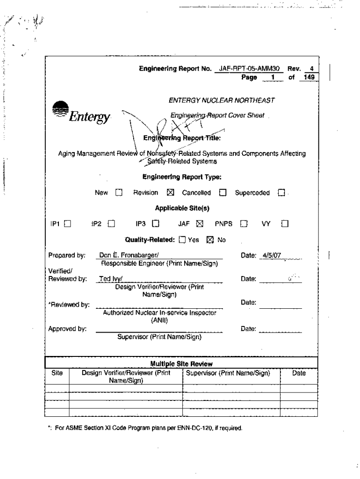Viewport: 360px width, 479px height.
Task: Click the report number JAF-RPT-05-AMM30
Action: (x=249, y=69)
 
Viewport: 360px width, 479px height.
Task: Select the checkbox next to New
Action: (x=118, y=193)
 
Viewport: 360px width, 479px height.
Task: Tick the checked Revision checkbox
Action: (x=170, y=193)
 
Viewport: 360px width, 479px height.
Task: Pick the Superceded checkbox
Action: (x=281, y=193)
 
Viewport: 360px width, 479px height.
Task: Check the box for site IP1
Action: (x=67, y=224)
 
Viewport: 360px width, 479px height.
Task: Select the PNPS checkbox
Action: (x=243, y=224)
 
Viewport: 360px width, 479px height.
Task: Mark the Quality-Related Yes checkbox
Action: (x=182, y=240)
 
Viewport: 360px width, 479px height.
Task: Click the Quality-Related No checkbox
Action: (x=210, y=240)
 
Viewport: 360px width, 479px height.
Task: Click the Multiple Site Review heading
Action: (x=181, y=363)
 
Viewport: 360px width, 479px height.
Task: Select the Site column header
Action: (x=57, y=373)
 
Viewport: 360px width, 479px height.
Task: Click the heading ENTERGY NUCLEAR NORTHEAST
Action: (x=222, y=100)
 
